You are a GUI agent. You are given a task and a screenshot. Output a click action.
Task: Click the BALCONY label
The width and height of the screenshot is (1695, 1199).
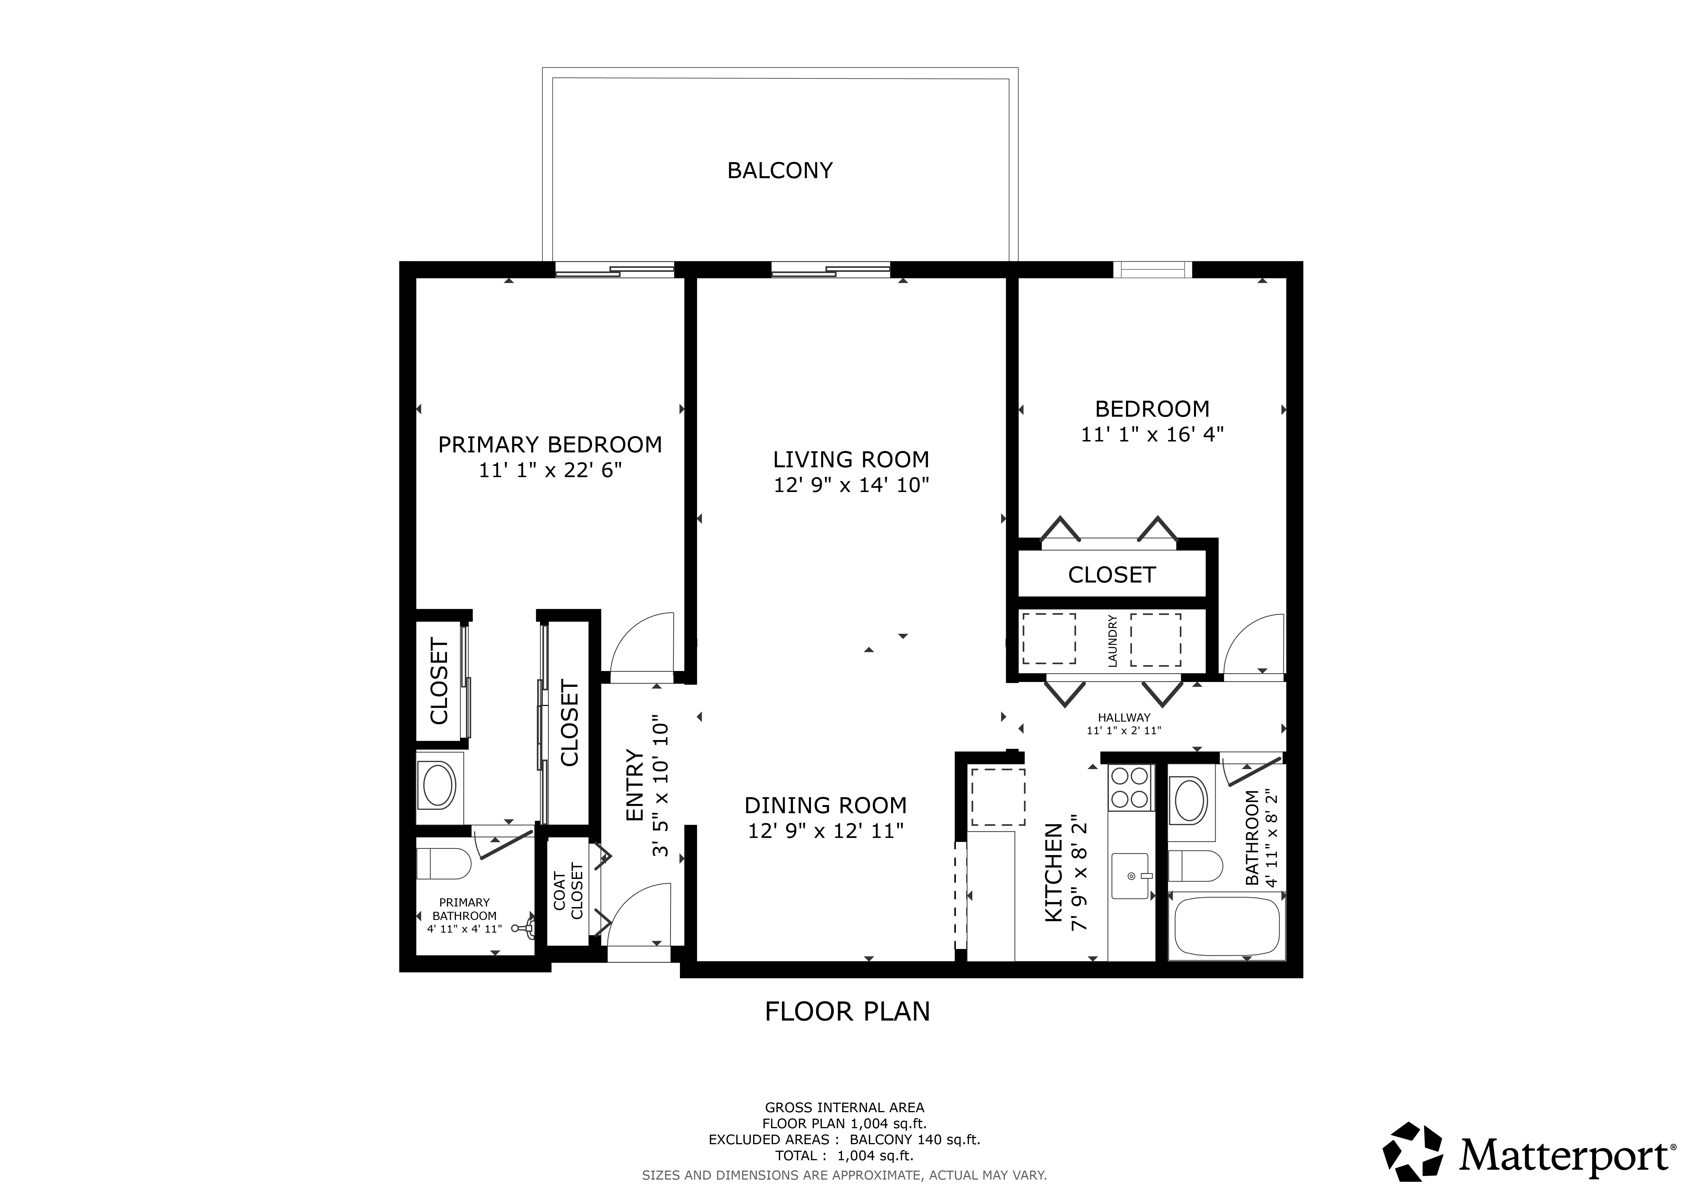tap(780, 171)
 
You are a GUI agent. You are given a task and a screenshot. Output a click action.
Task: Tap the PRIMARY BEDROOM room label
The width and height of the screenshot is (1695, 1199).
tap(550, 445)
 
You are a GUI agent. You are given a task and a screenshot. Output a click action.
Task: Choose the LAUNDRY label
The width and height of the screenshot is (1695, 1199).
tap(1113, 641)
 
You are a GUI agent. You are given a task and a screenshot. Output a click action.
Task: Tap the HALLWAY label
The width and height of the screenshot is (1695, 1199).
tap(1124, 717)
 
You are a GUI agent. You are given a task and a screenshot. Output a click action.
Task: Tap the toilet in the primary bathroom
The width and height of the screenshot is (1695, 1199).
tap(444, 863)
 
